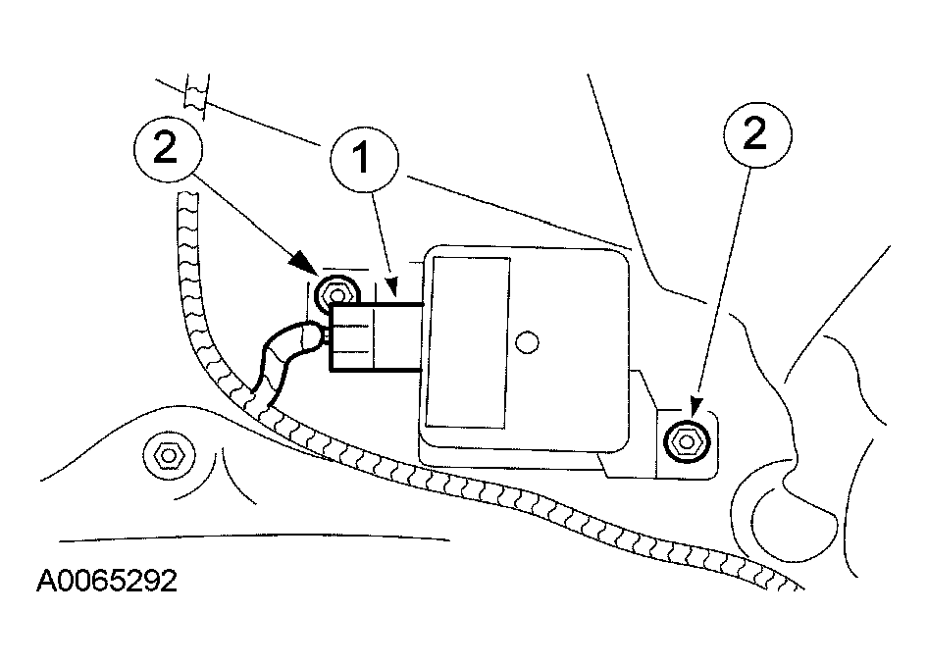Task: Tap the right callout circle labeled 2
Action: pos(754,136)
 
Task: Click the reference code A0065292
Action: pos(107,582)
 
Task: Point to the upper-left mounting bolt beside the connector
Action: pos(336,293)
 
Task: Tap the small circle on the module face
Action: pos(527,342)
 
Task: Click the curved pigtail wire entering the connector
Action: pos(280,357)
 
